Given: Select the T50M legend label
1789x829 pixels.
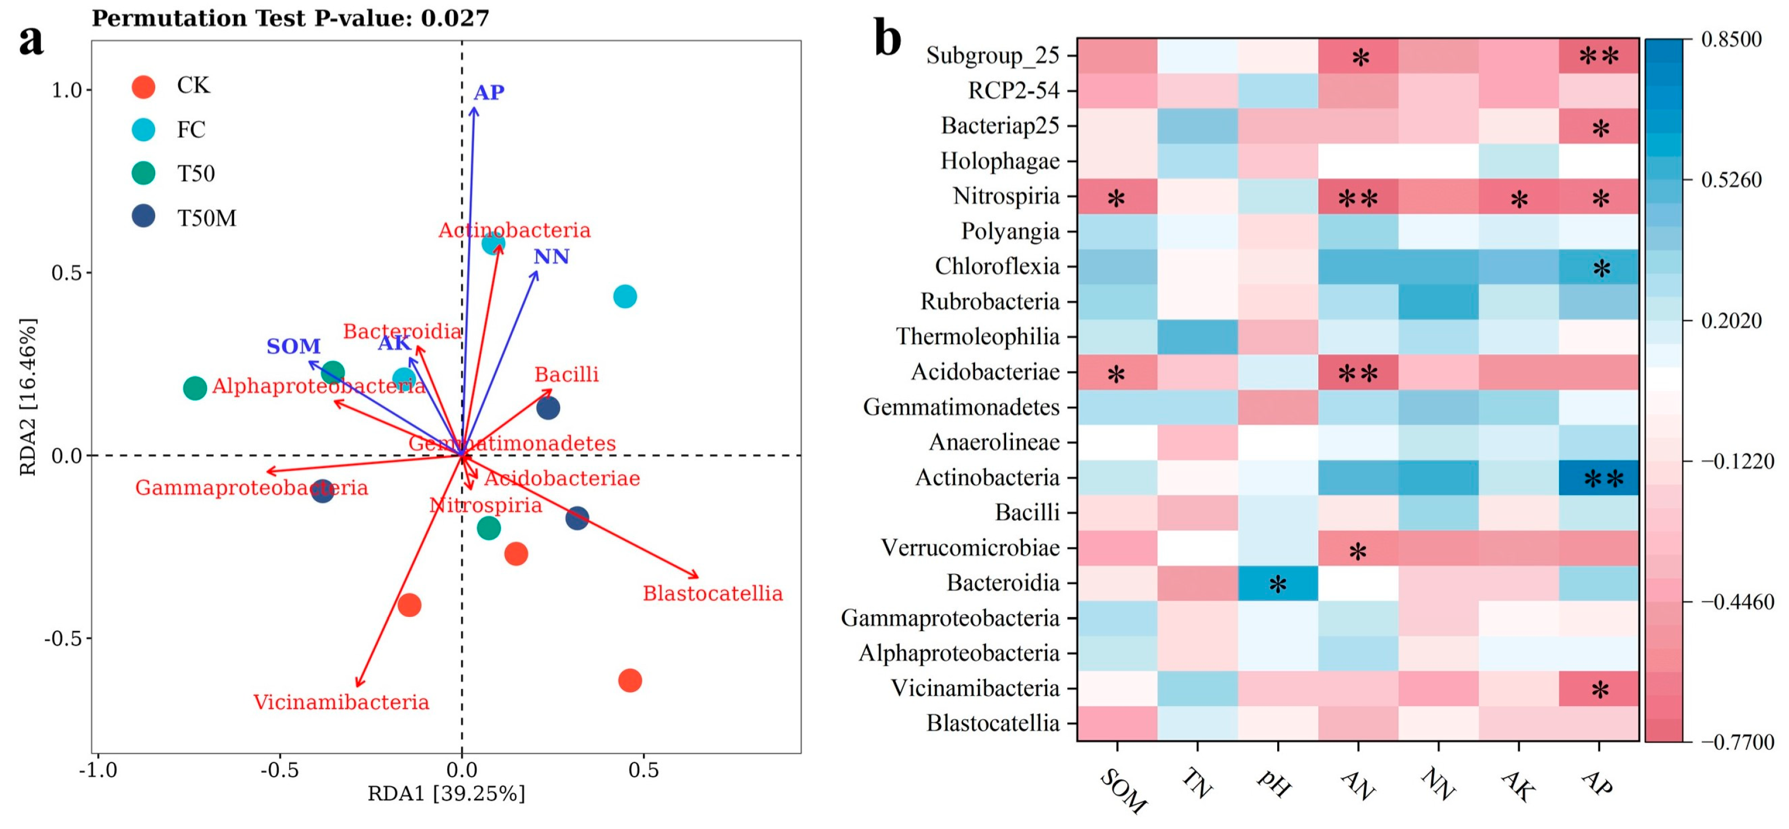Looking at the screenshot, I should pos(206,218).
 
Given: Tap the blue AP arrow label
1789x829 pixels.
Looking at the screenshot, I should pos(489,92).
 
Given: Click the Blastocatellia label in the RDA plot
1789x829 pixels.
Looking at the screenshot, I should pos(713,594).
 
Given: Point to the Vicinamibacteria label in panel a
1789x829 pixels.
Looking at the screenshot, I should pos(341,702).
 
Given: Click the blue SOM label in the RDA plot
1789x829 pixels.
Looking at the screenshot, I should pos(293,346).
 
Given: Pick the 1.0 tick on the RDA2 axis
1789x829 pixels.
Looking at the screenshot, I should pos(67,90).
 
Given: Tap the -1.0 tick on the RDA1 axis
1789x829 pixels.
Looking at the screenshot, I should pos(97,770).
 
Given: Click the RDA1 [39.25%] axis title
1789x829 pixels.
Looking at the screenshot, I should pos(446,794).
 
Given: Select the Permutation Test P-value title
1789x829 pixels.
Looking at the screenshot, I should pos(290,18).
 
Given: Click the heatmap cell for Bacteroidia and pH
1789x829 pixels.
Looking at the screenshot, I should pos(1277,583).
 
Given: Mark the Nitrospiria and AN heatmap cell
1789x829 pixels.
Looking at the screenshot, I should pos(1358,196).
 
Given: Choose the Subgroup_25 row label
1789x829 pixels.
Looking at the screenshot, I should pos(993,56).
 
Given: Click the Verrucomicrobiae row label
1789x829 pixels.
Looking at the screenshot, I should pos(970,548).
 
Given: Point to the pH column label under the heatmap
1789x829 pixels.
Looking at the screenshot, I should pos(1274,784).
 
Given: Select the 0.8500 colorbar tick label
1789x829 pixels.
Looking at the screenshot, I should pos(1732,39).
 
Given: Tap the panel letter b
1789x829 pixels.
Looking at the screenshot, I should pos(887,38).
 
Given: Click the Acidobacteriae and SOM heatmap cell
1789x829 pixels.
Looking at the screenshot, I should pos(1117,372).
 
